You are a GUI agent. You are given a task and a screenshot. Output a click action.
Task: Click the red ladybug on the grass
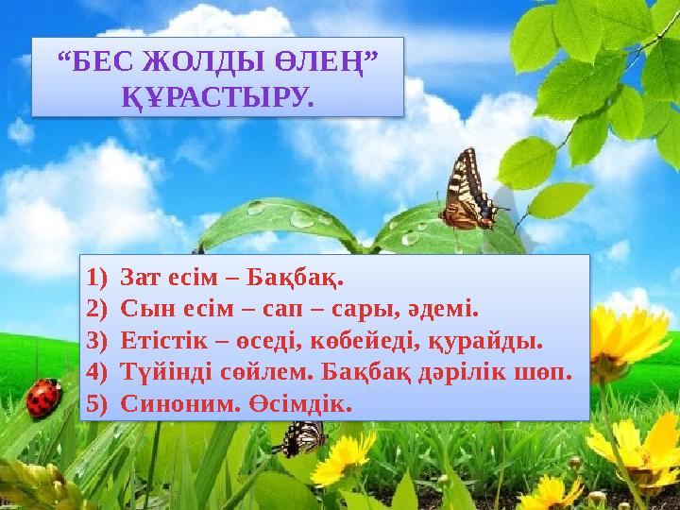coord(43,398)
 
